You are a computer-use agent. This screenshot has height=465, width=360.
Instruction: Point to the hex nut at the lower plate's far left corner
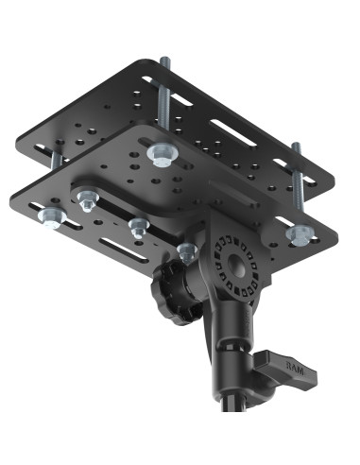46,220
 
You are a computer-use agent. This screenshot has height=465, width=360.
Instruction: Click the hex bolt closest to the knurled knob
186,250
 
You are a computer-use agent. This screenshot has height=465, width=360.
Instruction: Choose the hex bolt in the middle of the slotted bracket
139,225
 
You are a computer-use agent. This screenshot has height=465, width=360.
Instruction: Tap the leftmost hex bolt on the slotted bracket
87,198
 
